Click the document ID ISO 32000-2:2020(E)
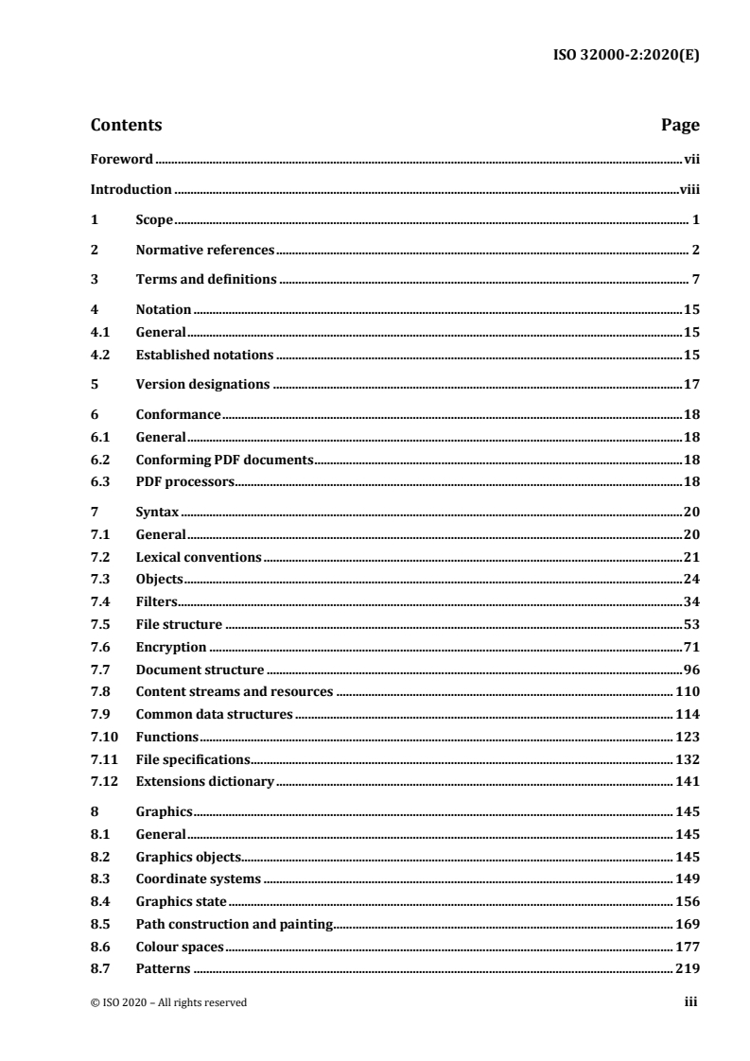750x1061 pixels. coord(626,54)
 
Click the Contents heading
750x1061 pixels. coord(126,125)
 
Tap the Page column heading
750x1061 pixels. coord(679,125)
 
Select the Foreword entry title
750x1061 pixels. coord(121,160)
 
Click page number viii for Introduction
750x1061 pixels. coord(689,189)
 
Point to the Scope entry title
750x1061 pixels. coord(154,220)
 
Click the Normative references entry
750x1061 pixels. coord(204,250)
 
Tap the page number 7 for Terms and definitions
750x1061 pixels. coord(694,279)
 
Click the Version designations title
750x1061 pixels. coord(202,384)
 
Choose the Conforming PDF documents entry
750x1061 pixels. coord(224,460)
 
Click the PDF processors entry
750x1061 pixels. coord(184,482)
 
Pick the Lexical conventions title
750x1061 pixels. coord(198,557)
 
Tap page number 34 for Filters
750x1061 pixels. coord(690,601)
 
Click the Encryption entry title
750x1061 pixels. coord(170,647)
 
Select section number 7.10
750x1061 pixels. coord(104,737)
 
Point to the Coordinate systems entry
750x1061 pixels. coord(199,878)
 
